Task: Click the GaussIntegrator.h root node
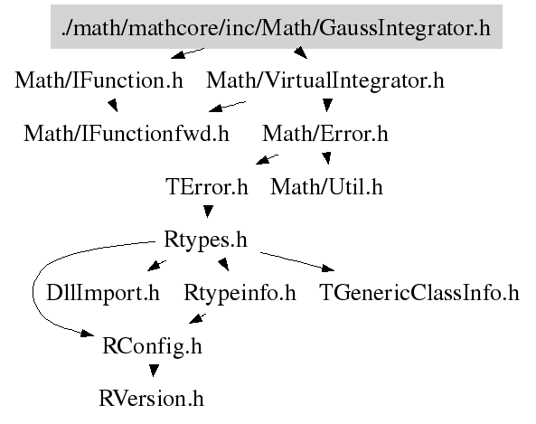click(x=277, y=27)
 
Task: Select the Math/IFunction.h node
click(x=99, y=80)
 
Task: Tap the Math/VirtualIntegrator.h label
click(x=325, y=80)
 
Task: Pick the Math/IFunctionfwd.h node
click(x=127, y=134)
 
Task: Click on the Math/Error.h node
click(x=325, y=134)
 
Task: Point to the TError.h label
click(x=207, y=187)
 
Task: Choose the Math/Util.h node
click(x=326, y=187)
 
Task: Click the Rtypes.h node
click(x=205, y=240)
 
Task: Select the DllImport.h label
click(x=103, y=293)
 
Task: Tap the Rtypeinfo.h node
click(x=240, y=293)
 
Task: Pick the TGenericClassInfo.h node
click(x=419, y=293)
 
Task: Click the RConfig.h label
click(x=153, y=346)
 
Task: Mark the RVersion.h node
click(x=152, y=399)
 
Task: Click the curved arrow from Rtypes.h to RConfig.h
click(x=33, y=289)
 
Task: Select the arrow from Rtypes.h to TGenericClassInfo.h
click(x=297, y=262)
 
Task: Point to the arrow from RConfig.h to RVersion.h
click(x=154, y=371)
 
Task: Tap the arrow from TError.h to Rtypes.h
click(x=208, y=211)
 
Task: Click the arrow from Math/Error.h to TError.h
click(x=267, y=160)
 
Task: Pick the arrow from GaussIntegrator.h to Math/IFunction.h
click(x=187, y=53)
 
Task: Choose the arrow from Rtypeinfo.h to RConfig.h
click(x=197, y=319)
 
